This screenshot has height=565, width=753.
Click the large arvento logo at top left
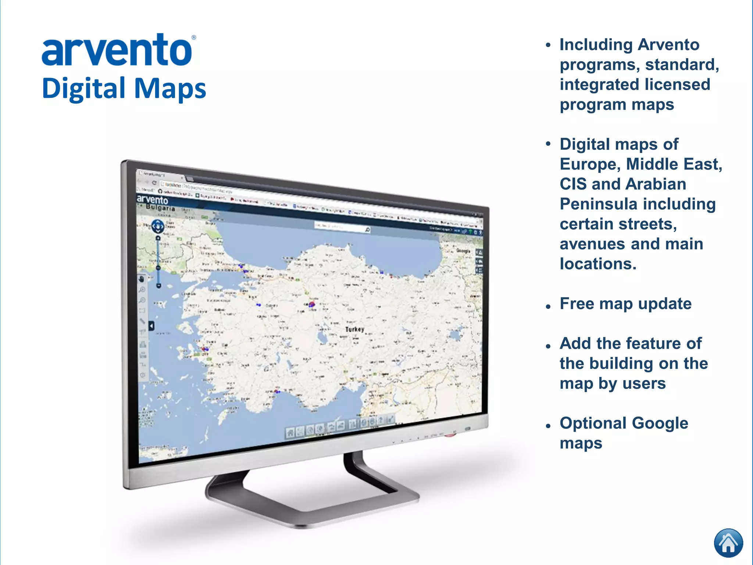coord(117,51)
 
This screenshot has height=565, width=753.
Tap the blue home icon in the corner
coord(728,543)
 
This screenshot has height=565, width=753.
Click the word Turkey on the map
coord(355,329)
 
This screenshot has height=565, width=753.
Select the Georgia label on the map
coord(463,250)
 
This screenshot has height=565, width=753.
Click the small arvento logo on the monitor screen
coord(152,200)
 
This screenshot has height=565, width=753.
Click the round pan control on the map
coord(158,226)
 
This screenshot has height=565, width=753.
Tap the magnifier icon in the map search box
coord(367,230)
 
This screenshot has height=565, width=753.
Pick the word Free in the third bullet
coord(577,304)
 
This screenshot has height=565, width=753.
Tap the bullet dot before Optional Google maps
coord(548,426)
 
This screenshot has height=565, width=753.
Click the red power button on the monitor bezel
coord(450,435)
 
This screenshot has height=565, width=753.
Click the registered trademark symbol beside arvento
coord(194,38)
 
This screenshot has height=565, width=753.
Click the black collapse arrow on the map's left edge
coord(151,326)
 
